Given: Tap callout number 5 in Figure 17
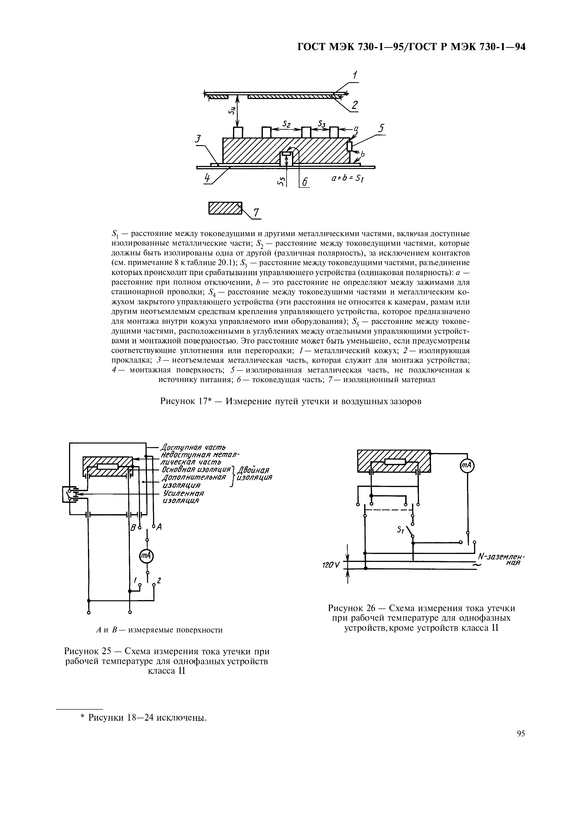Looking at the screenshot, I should (x=382, y=128).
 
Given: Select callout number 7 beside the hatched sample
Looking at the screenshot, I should (x=256, y=213).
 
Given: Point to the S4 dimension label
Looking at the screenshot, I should (x=232, y=111).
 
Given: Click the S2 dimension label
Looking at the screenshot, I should (x=286, y=124).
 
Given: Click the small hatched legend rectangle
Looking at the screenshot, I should (x=225, y=208).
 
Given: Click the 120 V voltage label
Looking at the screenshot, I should (x=331, y=565).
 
